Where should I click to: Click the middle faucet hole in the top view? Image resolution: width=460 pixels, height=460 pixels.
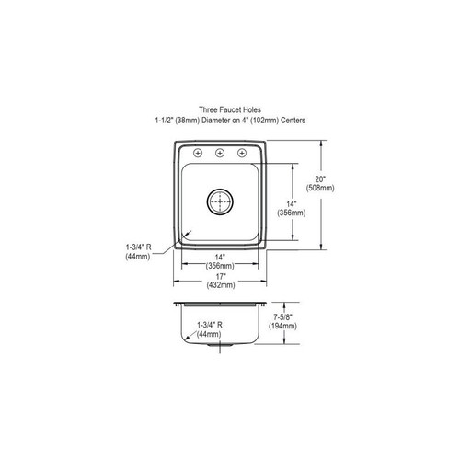(x=220, y=153)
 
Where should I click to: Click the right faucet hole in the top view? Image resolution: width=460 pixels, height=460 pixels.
(x=243, y=153)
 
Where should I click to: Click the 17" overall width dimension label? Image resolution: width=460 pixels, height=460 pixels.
(x=220, y=276)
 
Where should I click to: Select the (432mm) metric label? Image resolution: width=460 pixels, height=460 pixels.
(x=220, y=285)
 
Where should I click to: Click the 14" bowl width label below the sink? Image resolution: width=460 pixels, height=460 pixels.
(x=220, y=257)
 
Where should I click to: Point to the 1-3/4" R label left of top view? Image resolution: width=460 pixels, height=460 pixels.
(x=138, y=247)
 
